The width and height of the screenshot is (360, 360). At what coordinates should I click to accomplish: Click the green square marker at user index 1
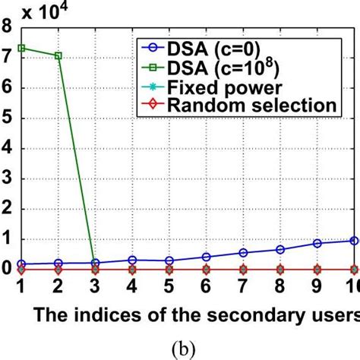[x=21, y=48]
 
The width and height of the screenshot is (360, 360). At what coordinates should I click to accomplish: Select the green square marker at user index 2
[x=58, y=55]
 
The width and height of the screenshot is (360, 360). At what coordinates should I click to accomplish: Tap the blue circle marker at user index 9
[x=317, y=243]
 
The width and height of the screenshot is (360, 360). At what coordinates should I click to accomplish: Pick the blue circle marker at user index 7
[x=243, y=252]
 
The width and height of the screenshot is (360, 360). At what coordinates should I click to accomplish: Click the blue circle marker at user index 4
[x=132, y=260]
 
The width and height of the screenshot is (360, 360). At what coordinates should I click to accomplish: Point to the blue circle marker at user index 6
[x=206, y=257]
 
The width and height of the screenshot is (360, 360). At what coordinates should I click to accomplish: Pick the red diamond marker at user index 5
[x=169, y=269]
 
